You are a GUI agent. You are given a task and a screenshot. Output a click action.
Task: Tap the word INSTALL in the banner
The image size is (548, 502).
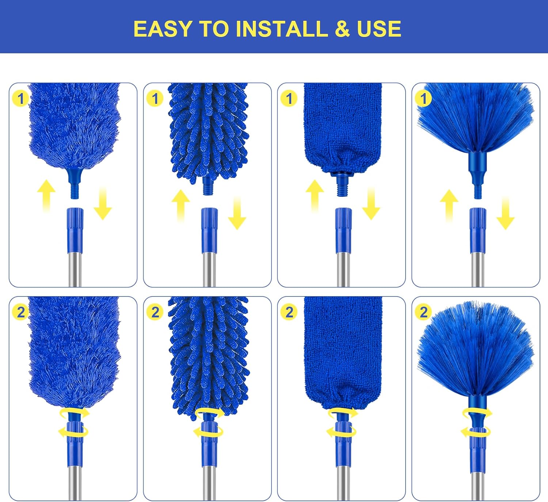tap(282, 29)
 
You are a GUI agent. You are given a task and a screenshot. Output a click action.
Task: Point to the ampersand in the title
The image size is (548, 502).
tap(342, 29)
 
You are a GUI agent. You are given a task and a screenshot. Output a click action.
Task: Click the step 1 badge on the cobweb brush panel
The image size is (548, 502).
tap(423, 99)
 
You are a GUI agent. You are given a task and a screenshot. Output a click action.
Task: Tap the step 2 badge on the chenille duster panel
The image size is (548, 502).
tap(155, 312)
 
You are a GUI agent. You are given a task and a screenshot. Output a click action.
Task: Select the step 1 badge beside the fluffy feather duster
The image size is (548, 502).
tap(20, 99)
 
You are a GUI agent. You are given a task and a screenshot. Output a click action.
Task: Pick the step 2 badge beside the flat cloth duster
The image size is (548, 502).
tap(289, 312)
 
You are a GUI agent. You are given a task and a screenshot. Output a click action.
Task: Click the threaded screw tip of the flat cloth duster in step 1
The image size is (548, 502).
tap(342, 188)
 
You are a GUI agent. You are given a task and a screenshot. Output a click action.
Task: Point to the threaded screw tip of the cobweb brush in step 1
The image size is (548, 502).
tap(477, 192)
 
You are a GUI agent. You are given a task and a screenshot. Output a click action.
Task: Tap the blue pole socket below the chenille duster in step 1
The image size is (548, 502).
tap(209, 230)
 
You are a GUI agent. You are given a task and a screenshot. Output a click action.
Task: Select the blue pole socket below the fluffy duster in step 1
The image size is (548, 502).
tap(75, 230)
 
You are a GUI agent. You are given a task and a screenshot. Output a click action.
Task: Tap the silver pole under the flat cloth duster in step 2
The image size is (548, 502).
tap(343, 483)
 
